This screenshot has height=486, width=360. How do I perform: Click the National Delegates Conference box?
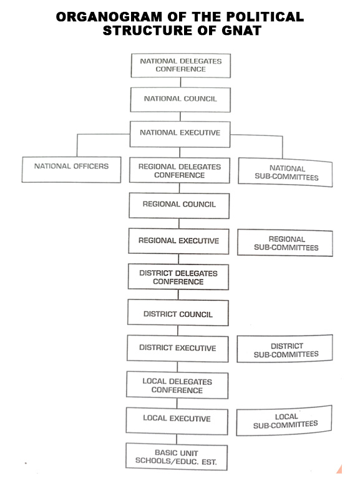point(181,66)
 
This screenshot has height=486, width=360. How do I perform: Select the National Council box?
point(180,99)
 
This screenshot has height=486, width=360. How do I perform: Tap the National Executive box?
point(180,134)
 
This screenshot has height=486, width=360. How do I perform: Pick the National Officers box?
point(71,170)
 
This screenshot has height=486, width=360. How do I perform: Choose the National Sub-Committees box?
point(285,172)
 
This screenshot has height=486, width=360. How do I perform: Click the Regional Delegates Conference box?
point(180,170)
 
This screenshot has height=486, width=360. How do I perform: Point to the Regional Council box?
point(179,206)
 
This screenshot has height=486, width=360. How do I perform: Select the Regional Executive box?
point(178,241)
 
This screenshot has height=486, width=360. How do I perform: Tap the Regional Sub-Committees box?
point(285,243)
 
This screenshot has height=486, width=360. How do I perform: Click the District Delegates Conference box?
point(178,277)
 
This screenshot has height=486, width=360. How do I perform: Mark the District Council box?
point(178,313)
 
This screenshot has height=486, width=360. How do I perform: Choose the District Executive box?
point(178,348)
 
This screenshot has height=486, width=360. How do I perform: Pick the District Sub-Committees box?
point(285,348)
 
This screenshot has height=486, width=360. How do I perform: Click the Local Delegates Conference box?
point(177,386)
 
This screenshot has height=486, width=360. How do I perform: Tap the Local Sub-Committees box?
point(284,420)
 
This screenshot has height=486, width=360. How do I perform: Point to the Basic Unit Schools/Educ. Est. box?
point(177,457)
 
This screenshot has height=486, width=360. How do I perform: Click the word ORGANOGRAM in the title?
point(109,17)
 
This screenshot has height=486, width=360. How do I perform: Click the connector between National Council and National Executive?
point(180,117)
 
